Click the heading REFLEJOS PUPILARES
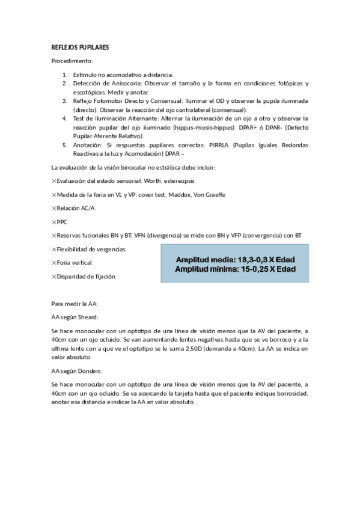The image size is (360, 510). (80, 47)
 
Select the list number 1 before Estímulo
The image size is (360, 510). (64, 75)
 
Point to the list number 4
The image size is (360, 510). (64, 118)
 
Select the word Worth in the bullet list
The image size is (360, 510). (159, 180)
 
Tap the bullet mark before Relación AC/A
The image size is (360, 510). (54, 208)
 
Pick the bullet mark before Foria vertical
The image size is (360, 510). (54, 263)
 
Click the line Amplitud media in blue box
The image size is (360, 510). (235, 259)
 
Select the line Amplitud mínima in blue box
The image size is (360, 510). (235, 269)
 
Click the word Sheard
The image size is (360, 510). (88, 316)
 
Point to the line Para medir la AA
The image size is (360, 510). (75, 303)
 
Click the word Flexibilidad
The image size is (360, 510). (74, 249)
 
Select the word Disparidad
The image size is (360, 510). (72, 277)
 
